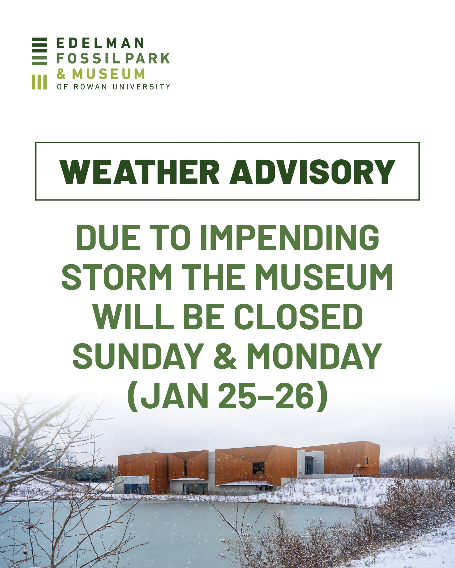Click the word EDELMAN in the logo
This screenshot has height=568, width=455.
point(100,43)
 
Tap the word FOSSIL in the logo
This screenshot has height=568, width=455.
point(88,58)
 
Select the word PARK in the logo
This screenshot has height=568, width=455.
point(148,58)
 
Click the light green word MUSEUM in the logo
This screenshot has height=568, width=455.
point(108,74)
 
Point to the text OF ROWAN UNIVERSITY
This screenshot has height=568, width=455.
point(113,87)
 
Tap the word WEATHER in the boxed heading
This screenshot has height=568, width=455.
point(140,172)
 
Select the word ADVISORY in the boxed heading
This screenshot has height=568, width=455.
point(313,172)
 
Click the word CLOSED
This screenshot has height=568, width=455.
point(298,317)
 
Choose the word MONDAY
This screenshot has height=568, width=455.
point(314,356)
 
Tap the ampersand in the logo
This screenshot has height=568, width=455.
point(61,74)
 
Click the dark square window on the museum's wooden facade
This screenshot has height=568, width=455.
point(258,468)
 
